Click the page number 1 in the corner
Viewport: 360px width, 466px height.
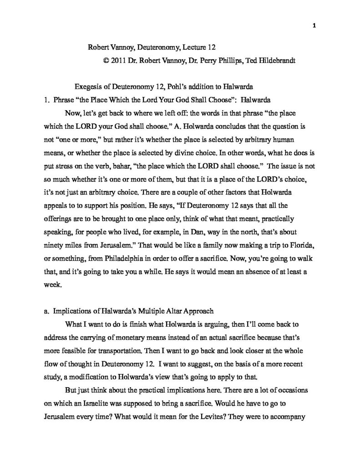tap(314, 25)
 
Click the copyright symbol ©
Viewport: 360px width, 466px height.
tap(106, 60)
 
